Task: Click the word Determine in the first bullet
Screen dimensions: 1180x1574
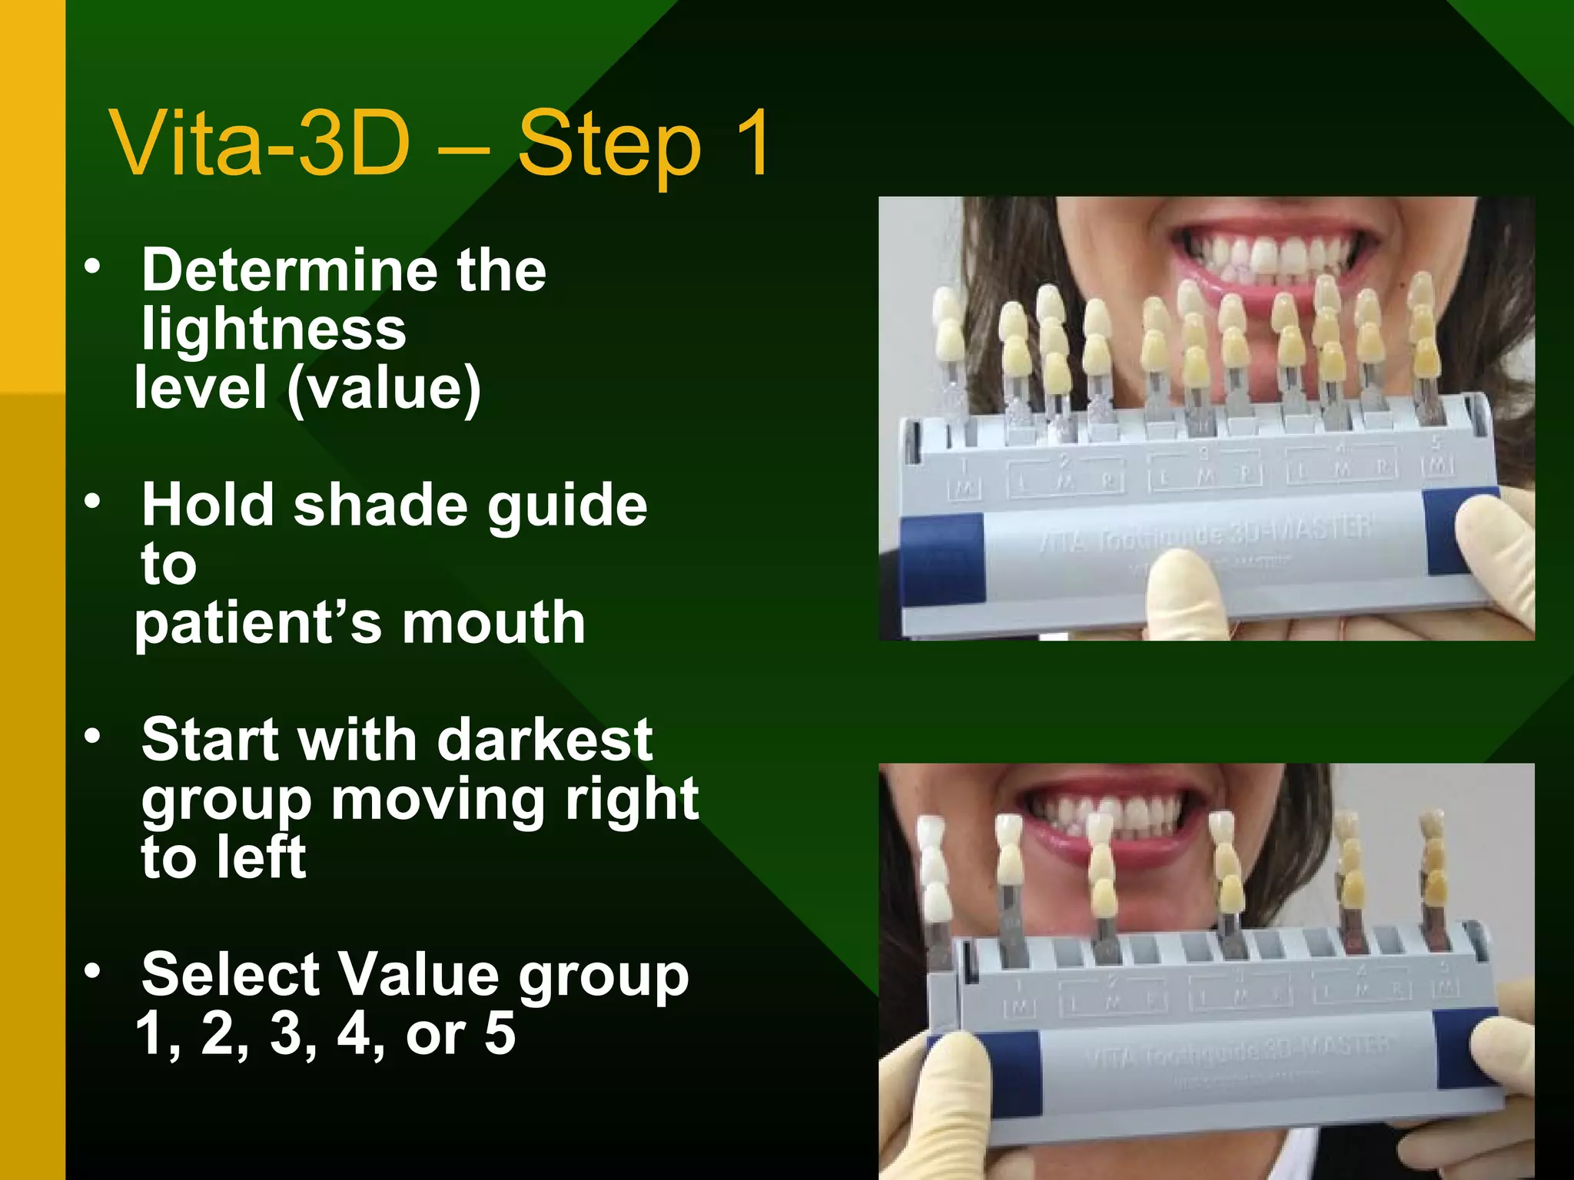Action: [x=288, y=270]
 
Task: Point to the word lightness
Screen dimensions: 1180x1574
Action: [x=274, y=329]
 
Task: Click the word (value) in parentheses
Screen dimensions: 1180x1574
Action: [x=384, y=389]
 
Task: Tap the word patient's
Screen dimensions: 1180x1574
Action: [x=257, y=624]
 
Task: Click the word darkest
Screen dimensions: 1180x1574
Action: [x=545, y=741]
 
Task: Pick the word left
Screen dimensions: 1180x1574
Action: [x=261, y=857]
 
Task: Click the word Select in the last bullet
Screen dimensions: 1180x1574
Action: [x=231, y=975]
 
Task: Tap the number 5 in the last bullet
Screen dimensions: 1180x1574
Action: [x=500, y=1034]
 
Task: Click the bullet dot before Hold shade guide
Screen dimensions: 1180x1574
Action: [x=92, y=502]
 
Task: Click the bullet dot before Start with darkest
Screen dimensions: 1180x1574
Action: [x=92, y=737]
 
